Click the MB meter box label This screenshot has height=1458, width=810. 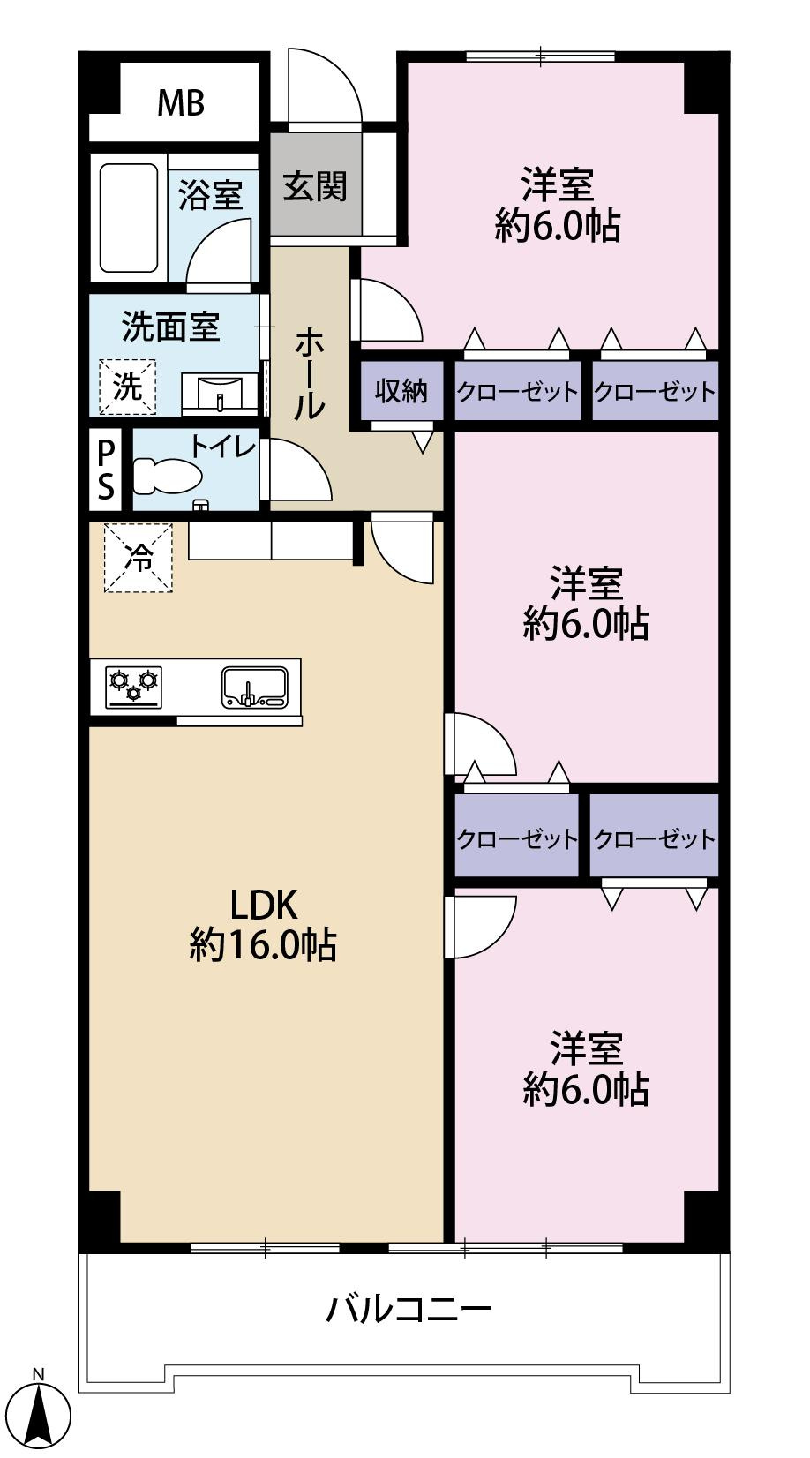coord(181,103)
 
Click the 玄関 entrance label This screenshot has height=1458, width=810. coord(315,186)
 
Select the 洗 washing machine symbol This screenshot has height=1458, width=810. coord(128,387)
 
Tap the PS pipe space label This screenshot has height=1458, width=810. coord(106,470)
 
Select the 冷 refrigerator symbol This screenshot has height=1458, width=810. coord(139,558)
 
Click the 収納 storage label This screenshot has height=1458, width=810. coord(401,390)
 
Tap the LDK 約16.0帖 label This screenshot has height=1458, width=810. coord(263,925)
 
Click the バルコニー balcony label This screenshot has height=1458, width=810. coord(408,1308)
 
